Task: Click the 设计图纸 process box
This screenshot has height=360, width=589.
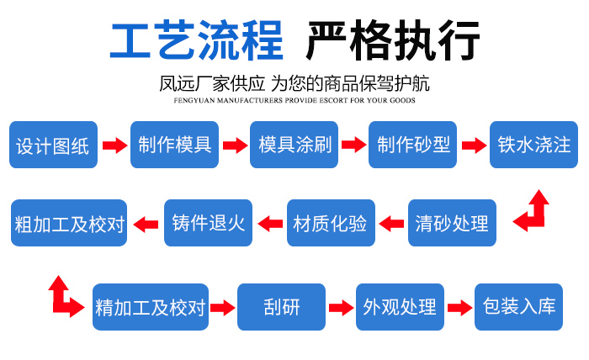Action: (x=53, y=145)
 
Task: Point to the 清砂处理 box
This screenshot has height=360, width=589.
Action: (x=451, y=224)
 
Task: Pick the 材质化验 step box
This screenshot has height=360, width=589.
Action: (x=330, y=224)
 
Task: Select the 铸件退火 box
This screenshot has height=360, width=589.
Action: (x=208, y=224)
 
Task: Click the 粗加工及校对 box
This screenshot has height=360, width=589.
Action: (x=70, y=224)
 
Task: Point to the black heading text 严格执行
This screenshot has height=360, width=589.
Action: (x=393, y=40)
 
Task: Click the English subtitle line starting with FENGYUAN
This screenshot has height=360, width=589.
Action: (x=294, y=100)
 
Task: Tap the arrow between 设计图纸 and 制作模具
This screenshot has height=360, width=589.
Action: (x=114, y=145)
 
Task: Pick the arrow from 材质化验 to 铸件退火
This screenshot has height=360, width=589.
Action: (x=269, y=224)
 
